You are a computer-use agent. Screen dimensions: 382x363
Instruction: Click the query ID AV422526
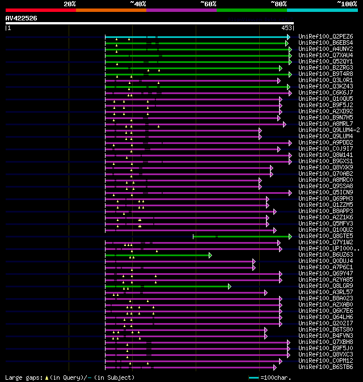coord(22,18)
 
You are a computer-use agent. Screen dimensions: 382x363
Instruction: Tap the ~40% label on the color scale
coord(138,4)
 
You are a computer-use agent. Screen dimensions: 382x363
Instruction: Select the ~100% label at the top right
coord(347,4)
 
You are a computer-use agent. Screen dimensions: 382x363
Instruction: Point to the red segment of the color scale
coord(40,10)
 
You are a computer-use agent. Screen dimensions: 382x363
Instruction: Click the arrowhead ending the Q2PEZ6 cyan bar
coord(288,37)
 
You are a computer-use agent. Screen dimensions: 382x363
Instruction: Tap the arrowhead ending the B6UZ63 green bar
coord(210,255)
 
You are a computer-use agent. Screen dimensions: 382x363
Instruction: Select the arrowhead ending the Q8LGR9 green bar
coord(230,286)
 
